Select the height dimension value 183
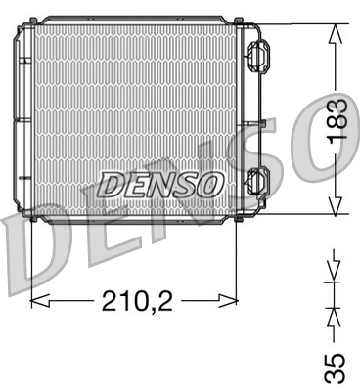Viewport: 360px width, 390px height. click(x=337, y=120)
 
